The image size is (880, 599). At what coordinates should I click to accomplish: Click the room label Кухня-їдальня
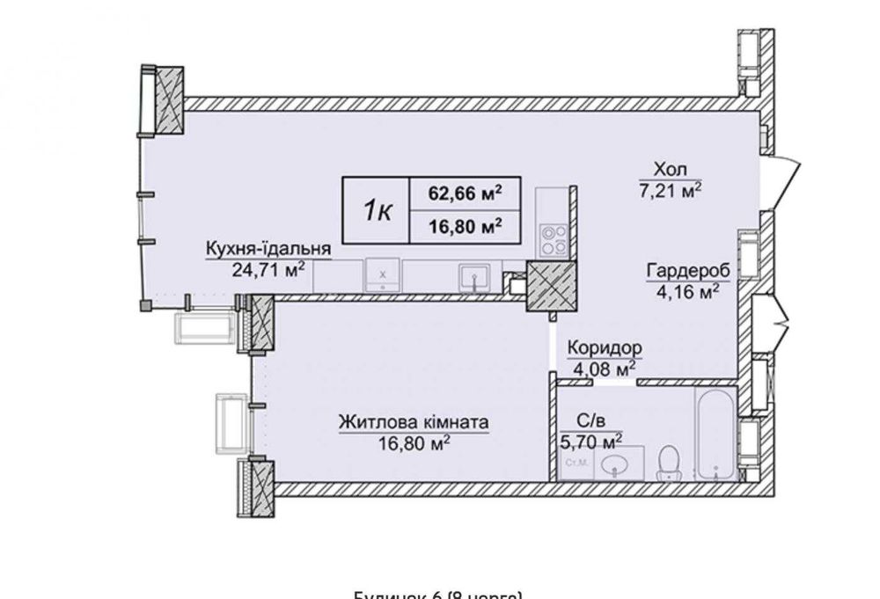pos(268,248)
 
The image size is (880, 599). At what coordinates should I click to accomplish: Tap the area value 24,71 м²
pos(268,270)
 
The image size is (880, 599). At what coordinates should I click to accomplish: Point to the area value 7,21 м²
pos(670,189)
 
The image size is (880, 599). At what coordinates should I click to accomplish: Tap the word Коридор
pos(604,347)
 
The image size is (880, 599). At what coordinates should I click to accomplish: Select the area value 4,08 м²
pos(604,368)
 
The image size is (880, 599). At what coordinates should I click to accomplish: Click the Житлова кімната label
pos(414,422)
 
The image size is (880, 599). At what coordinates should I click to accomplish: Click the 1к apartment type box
pos(376,211)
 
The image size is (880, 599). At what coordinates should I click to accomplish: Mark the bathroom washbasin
pos(612,464)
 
